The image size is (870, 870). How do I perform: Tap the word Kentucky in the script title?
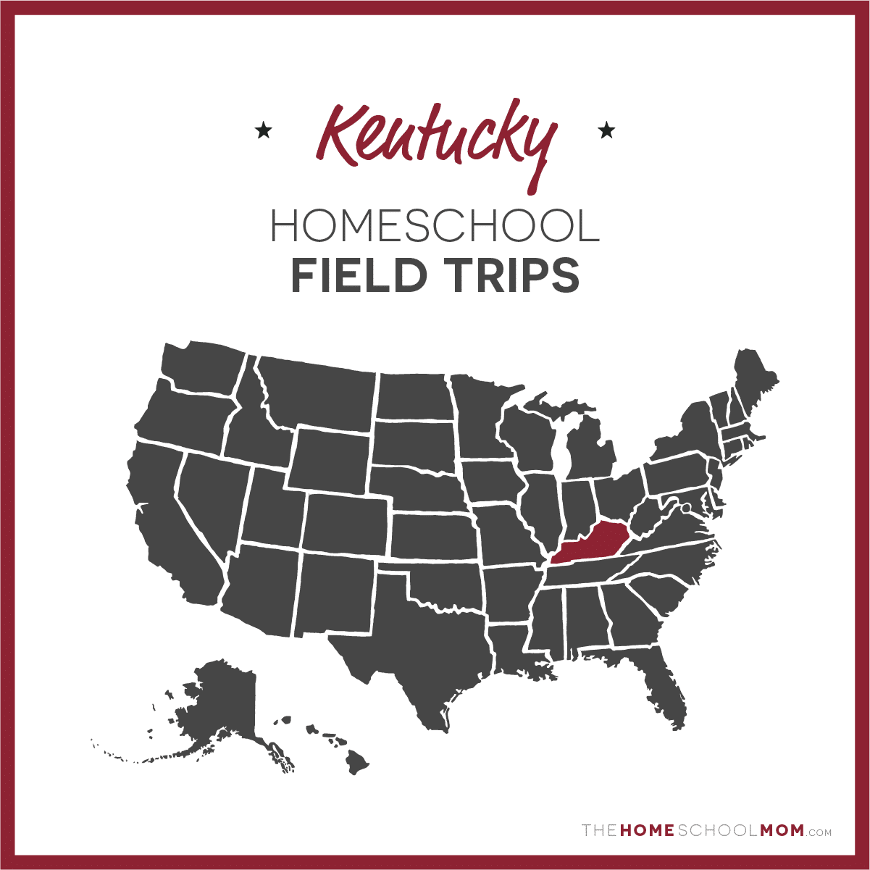pos(435,135)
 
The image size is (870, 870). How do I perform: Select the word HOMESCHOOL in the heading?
pos(435,226)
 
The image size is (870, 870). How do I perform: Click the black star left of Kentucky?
pos(263,131)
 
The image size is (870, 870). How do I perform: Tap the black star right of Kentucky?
pos(606,131)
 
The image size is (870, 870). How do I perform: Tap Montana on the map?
pos(319,391)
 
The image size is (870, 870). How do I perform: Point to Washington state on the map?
pos(203,369)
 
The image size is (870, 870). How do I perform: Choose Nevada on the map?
pos(210,500)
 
